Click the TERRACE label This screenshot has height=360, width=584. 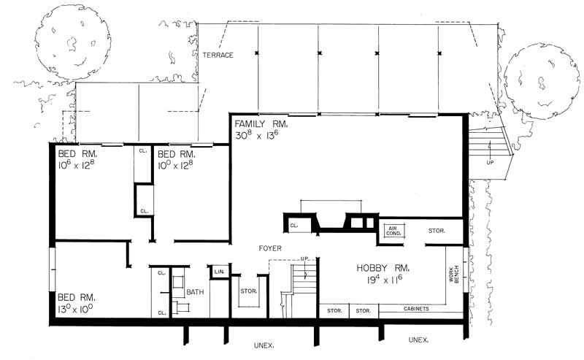point(218,55)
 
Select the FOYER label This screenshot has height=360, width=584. point(270,248)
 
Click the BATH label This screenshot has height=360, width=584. point(195,292)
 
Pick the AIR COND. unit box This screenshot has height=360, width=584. point(396,231)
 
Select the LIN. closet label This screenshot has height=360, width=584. point(218,272)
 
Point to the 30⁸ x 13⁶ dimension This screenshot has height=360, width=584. point(256,137)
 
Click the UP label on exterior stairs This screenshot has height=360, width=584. point(489,162)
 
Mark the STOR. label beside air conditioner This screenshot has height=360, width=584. point(437,231)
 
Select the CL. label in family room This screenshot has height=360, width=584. point(293,226)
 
